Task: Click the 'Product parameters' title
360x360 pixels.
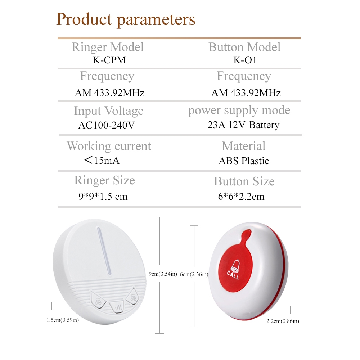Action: (x=126, y=20)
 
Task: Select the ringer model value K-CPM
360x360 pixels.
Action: (x=109, y=60)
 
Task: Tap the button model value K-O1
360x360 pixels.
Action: (x=245, y=60)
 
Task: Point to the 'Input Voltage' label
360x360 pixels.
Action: (x=109, y=111)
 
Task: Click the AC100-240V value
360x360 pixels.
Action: (x=106, y=125)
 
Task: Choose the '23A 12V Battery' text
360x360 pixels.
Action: (x=243, y=125)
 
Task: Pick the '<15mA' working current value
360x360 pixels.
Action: (x=102, y=160)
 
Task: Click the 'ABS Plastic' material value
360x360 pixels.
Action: (x=244, y=161)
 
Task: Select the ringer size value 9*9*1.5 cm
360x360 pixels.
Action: (x=103, y=196)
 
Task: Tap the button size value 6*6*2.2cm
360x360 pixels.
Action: (x=241, y=197)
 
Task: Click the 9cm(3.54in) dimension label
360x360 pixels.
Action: (x=163, y=274)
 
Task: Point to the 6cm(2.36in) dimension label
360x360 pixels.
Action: (x=194, y=274)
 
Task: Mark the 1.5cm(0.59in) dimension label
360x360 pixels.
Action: (x=63, y=320)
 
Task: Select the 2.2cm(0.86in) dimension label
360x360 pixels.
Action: (x=283, y=321)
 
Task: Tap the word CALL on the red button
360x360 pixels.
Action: (x=233, y=275)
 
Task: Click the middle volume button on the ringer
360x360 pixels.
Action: (x=117, y=307)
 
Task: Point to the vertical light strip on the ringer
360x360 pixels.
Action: (x=104, y=251)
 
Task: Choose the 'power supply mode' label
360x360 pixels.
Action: (x=239, y=111)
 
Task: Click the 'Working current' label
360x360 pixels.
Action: (x=109, y=146)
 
